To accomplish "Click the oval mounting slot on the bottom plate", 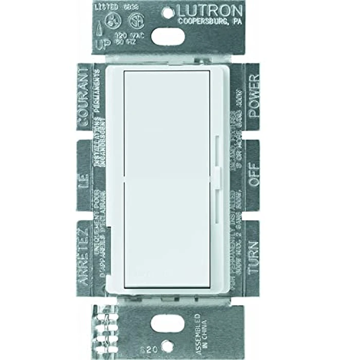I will [x=170, y=322].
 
